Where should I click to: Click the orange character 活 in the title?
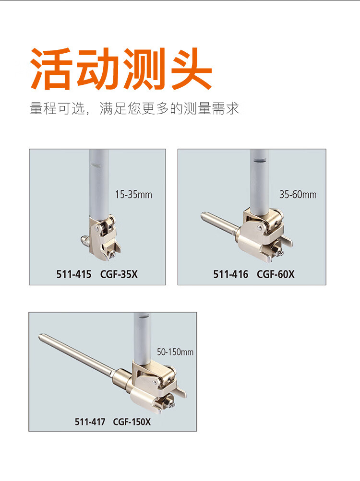52,69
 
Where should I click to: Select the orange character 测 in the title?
144,69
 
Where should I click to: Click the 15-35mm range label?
133,195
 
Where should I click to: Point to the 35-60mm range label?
298,195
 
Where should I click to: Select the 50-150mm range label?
175,352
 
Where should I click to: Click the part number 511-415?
74,274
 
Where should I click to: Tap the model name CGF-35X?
119,274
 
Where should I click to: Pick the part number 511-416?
231,274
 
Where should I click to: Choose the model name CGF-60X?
276,274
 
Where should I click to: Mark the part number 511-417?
90,422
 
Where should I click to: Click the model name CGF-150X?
132,422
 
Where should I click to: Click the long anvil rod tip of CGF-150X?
40,336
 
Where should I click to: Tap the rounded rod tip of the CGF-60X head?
204,215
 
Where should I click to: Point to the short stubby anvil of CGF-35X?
85,240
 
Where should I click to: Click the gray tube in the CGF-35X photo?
99,184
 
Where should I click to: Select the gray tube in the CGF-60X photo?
260,181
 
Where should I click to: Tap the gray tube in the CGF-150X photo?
143,338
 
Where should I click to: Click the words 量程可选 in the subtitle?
57,108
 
